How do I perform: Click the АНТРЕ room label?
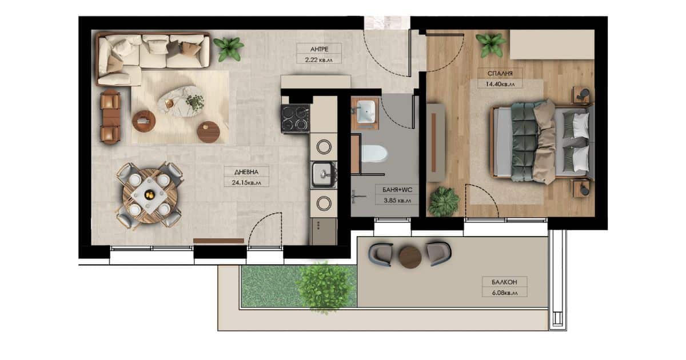pos(319,49)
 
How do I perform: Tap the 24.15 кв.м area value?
pos(246,183)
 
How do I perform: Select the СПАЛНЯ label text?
pos(500,74)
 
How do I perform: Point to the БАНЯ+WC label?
pos(397,190)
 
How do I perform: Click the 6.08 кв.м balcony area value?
pos(505,293)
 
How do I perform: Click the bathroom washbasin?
pos(366,111)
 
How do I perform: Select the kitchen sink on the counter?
pos(324,174)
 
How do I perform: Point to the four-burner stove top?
pos(295,119)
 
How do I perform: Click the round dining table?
pos(150,195)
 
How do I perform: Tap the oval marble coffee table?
pos(182,101)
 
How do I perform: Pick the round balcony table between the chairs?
pos(410,257)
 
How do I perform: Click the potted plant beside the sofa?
pos(229,49)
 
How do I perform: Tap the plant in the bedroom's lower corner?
pos(443,201)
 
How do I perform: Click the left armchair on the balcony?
pos(381,255)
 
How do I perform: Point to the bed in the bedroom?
pos(542,142)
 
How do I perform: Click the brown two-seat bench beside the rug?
pos(110,117)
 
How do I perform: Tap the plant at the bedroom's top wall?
pos(490,45)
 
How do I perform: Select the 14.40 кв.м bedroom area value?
pos(500,84)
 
